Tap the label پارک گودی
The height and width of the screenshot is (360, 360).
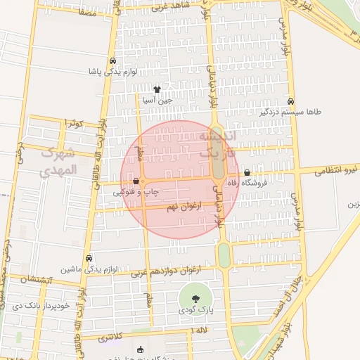[x=195, y=310]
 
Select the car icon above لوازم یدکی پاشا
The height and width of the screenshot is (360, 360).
[x=113, y=60]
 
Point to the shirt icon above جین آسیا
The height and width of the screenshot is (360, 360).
[x=157, y=89]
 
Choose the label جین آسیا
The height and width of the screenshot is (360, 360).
[x=157, y=101]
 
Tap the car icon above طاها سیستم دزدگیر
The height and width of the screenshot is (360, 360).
[x=291, y=101]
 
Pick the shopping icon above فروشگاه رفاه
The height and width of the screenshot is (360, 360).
[x=247, y=172]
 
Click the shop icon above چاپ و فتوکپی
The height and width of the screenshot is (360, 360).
[x=135, y=180]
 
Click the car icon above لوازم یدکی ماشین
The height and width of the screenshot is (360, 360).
[x=88, y=258]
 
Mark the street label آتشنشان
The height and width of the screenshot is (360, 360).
[x=37, y=280]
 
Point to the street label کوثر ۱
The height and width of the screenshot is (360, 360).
[x=73, y=123]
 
